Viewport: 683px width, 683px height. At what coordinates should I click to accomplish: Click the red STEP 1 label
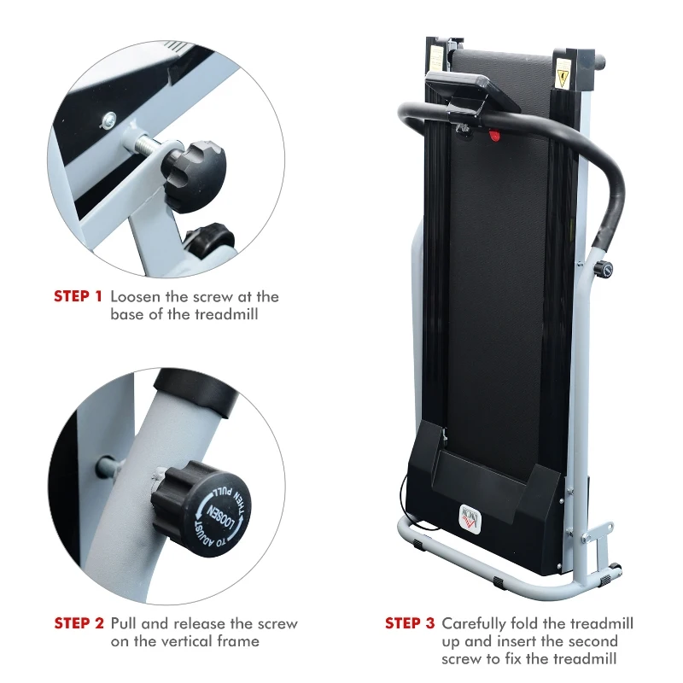[78, 297]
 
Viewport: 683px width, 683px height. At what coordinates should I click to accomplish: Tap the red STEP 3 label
[410, 623]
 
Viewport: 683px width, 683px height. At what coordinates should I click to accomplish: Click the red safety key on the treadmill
[493, 134]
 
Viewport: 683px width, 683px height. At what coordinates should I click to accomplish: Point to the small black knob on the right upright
[606, 270]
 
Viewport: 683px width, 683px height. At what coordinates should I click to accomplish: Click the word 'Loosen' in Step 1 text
[136, 297]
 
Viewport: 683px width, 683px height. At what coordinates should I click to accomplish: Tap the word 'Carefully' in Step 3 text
[474, 623]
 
